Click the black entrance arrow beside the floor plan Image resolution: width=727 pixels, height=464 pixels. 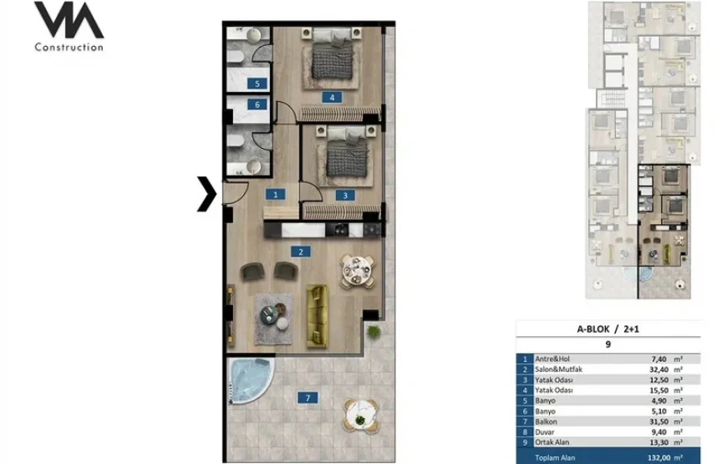[x=208, y=194]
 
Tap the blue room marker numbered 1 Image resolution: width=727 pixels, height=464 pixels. [x=276, y=195]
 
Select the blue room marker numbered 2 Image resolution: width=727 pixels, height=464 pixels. [x=301, y=252]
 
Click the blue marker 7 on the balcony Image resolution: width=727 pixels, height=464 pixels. [x=308, y=398]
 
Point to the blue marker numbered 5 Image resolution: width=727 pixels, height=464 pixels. [x=257, y=84]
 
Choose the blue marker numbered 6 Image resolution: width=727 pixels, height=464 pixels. [x=257, y=105]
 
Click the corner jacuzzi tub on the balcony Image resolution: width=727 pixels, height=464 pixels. [x=250, y=380]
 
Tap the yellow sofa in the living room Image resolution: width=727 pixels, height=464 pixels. [x=318, y=316]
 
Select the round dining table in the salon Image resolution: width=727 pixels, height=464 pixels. [x=357, y=271]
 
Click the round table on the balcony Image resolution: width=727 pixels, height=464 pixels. [x=361, y=416]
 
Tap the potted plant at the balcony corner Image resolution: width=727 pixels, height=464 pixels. [x=374, y=331]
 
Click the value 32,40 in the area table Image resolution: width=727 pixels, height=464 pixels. [x=658, y=370]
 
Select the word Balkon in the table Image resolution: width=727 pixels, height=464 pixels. [x=546, y=421]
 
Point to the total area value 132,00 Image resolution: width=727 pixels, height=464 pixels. [x=658, y=457]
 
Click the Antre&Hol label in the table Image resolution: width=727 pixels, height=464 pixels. [x=552, y=359]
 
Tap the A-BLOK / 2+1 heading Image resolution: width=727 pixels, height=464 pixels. [x=608, y=329]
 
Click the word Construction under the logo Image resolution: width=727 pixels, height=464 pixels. [x=69, y=47]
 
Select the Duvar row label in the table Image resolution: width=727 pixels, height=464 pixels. [x=544, y=432]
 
